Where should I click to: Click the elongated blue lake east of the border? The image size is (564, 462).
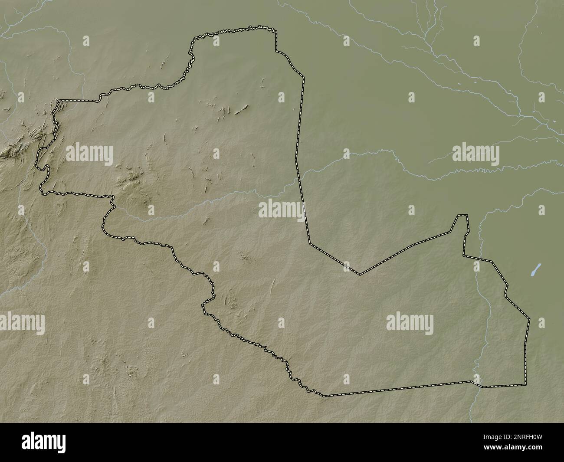click(537, 269)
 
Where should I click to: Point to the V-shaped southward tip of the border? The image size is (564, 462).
click(359, 274)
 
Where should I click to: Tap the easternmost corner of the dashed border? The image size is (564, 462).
click(529, 319)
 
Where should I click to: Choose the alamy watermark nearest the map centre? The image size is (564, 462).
click(281, 210)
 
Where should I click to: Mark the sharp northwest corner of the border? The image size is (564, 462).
click(59, 101)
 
